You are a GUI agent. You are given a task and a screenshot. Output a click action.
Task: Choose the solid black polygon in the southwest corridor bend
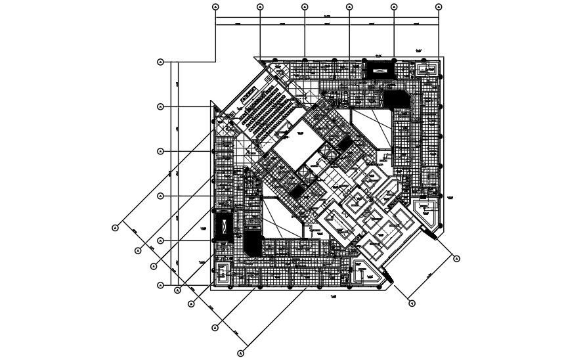[x=252, y=243]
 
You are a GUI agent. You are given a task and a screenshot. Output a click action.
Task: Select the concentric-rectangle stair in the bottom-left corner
[x=223, y=273]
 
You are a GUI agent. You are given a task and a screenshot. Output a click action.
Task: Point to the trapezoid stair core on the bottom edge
[x=362, y=272]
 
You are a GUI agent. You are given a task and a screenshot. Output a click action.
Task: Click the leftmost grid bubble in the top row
[x=215, y=7]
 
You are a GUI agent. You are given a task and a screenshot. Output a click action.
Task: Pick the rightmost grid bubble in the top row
[x=439, y=7]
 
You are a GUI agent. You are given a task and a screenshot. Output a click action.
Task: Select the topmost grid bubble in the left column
[x=161, y=62]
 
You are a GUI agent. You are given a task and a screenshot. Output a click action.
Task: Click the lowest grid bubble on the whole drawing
[x=240, y=353]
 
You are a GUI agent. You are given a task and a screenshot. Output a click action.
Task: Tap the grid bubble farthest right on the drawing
[x=457, y=259]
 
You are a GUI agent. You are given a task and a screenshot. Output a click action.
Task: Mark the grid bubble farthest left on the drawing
[x=115, y=228]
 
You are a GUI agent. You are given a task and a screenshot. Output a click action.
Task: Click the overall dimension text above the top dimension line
[x=326, y=14]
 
